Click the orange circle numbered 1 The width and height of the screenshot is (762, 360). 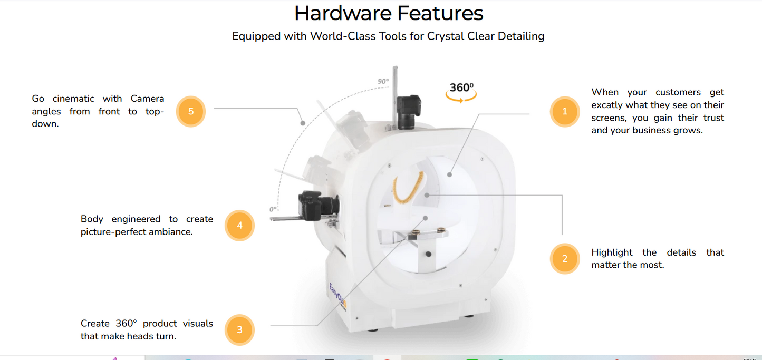[x=565, y=112]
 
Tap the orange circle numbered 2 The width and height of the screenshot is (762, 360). [x=565, y=259]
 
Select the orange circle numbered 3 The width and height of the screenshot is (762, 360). [x=239, y=330]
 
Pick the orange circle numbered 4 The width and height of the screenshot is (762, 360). [x=239, y=226]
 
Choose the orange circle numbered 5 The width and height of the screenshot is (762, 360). [x=191, y=112]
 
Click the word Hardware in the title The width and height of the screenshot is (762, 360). [x=343, y=13]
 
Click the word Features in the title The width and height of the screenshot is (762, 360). [x=440, y=13]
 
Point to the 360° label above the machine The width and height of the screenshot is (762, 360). [x=461, y=87]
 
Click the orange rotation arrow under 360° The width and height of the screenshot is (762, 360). [x=461, y=98]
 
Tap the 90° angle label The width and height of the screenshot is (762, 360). [x=383, y=81]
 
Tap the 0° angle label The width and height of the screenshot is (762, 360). [x=273, y=209]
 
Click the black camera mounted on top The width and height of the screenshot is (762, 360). [x=409, y=112]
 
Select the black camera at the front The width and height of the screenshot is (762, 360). [x=319, y=206]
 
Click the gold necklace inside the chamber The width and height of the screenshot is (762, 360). [x=408, y=188]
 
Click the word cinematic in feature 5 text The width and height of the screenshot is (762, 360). [x=73, y=99]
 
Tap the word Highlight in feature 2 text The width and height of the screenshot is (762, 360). [x=612, y=252]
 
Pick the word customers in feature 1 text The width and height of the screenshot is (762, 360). [x=678, y=92]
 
